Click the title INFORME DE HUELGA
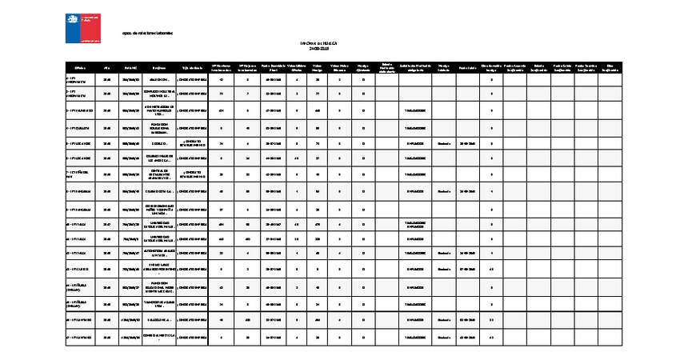(x=318, y=42)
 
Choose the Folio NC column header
(x=130, y=70)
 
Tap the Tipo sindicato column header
(x=192, y=70)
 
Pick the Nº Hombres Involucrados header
(x=221, y=70)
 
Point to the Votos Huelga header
(x=318, y=70)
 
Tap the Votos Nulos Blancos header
(x=339, y=70)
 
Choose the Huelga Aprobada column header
(x=362, y=70)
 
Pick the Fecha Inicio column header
(x=467, y=70)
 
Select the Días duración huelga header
(x=491, y=70)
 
